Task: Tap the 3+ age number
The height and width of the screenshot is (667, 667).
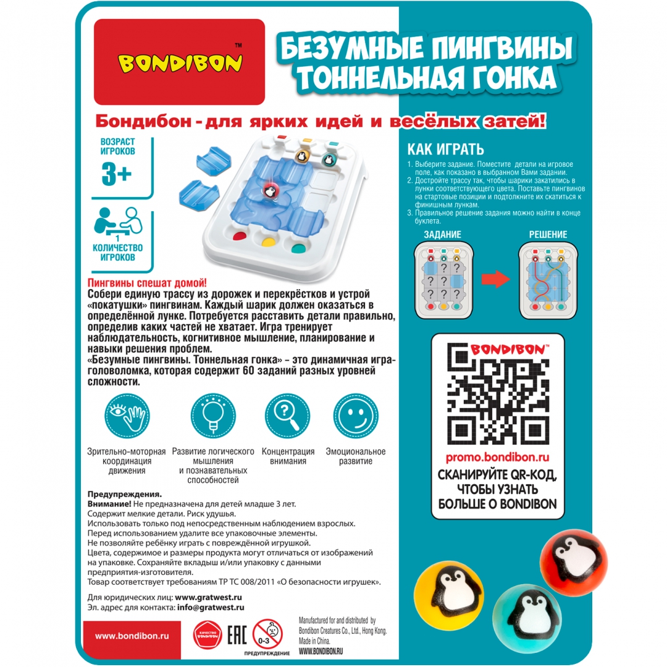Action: coord(117,174)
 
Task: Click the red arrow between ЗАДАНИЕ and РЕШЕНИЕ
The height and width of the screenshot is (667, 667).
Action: coord(495,279)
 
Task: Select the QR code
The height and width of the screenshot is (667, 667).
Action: coord(498,394)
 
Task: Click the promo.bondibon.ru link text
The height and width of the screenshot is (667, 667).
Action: coord(497,457)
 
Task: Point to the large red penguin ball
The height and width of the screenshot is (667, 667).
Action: coord(573,561)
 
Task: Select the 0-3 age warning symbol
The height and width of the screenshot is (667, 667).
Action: coord(267,634)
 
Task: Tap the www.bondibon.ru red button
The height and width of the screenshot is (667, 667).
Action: coord(132,636)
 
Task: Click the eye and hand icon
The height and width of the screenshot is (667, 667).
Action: coord(127,416)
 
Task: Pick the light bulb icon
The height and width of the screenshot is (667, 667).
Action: coord(213,416)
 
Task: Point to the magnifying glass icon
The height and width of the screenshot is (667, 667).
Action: coord(288,416)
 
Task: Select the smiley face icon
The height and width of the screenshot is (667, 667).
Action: coord(356,416)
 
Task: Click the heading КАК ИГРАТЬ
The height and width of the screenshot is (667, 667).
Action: coord(446,149)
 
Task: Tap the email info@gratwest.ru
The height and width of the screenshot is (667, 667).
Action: coord(211,608)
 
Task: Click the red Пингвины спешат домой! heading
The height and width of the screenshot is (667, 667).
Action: coord(147,283)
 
